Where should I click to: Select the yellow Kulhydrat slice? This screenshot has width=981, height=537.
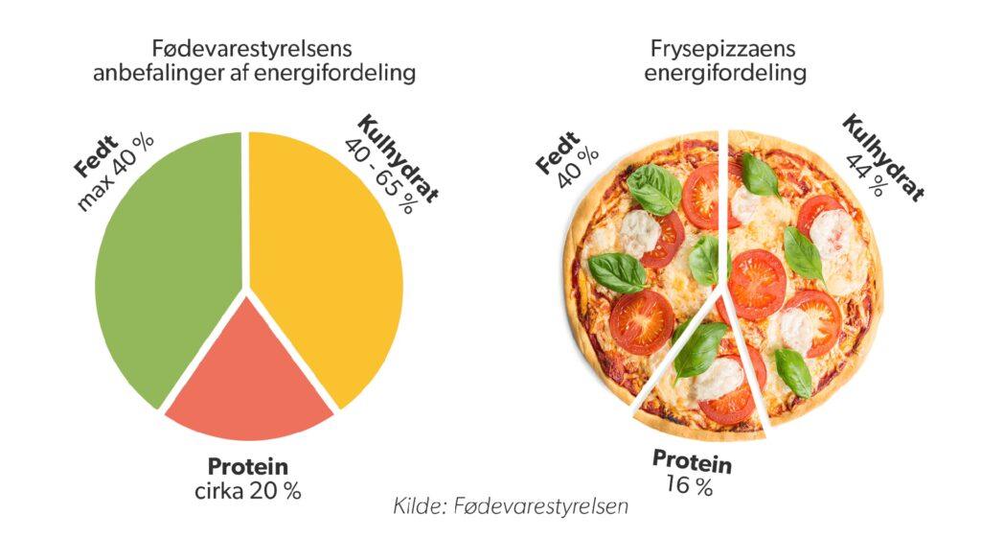(x=326, y=263)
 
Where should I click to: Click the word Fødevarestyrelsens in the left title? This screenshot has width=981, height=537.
(x=252, y=48)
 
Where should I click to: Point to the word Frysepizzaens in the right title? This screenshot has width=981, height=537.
(x=722, y=48)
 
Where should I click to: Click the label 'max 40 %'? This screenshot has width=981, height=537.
(x=116, y=172)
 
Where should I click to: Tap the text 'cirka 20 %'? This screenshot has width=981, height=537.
(x=248, y=491)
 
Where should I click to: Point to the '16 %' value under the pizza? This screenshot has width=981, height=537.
(x=689, y=485)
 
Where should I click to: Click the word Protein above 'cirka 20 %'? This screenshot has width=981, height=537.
(x=248, y=466)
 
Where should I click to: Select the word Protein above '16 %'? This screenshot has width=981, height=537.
(x=692, y=462)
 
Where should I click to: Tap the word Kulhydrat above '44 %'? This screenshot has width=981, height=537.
(x=883, y=157)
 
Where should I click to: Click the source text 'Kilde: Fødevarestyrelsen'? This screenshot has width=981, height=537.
(x=510, y=505)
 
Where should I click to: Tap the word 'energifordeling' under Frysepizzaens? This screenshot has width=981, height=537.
(x=725, y=73)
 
